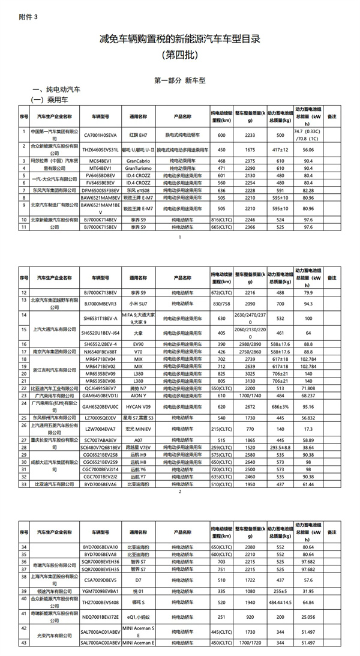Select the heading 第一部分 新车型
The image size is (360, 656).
180,79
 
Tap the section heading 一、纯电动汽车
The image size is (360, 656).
56,89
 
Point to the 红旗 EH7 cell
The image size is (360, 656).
139,136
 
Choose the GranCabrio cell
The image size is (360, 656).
139,160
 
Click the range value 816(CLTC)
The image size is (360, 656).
221,220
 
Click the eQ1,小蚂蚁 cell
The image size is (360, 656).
139,615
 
